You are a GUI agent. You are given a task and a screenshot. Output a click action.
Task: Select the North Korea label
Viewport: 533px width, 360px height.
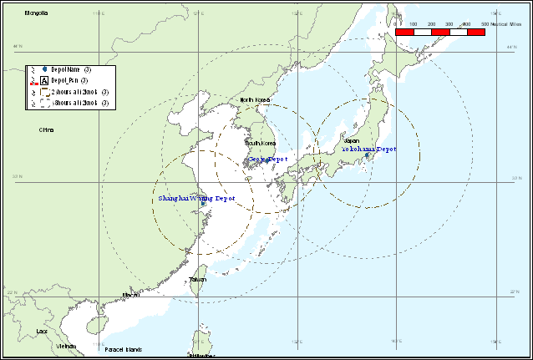pos(256,99)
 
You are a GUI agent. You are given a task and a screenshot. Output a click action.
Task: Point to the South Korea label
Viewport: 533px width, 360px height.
pos(260,142)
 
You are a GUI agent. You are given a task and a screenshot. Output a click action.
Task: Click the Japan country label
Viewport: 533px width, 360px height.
pos(351,140)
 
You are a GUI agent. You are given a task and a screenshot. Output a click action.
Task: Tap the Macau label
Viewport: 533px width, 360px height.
pos(130,294)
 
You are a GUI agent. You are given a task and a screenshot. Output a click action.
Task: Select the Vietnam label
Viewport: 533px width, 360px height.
pos(65,345)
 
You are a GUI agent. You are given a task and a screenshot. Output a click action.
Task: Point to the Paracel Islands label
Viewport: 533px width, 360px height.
pos(123,349)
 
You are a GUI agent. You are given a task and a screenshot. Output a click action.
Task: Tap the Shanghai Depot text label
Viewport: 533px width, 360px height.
pos(196,198)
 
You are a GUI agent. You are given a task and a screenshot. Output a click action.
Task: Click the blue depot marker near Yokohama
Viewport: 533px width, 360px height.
pos(367,155)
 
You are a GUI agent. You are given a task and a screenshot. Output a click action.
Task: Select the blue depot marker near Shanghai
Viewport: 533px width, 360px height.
pos(203,203)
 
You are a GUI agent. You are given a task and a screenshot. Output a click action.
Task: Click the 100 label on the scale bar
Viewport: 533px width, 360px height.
pos(414,25)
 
